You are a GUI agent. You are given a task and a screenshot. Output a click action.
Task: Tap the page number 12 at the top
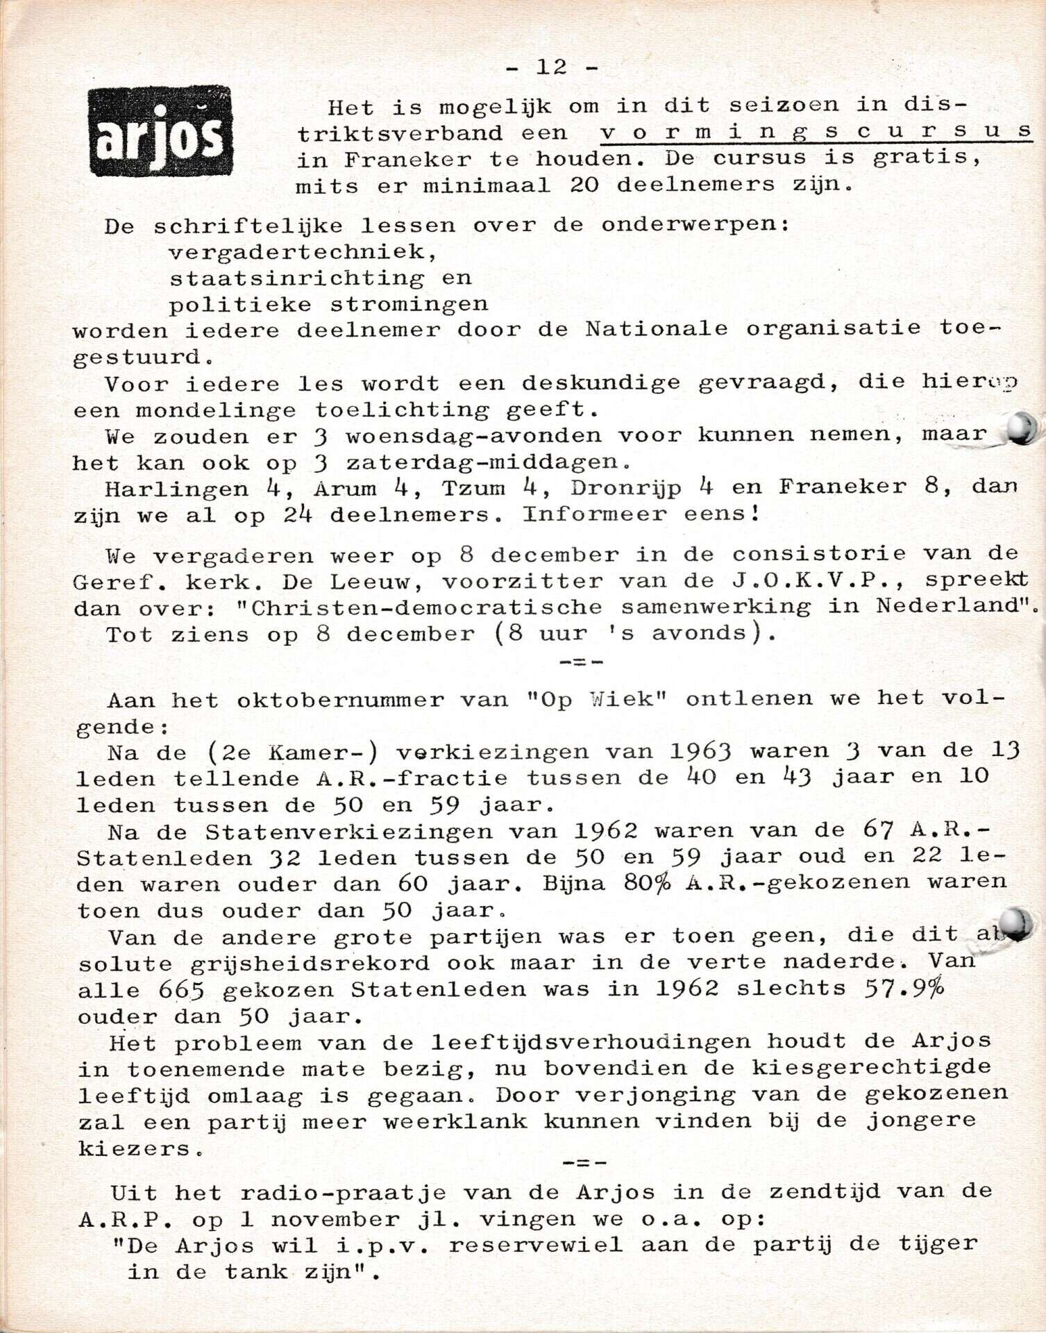coord(552,67)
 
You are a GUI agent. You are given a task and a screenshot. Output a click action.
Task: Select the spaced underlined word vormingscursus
coord(816,131)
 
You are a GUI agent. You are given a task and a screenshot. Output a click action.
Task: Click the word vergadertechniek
coord(303,251)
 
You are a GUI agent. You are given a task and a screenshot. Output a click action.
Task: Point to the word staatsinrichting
coord(296,278)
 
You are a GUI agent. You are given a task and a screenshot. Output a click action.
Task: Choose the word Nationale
coord(656,328)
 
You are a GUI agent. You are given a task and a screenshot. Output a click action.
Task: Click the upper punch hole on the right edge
coord(1021,428)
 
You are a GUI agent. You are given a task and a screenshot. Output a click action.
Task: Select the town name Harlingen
coord(176,489)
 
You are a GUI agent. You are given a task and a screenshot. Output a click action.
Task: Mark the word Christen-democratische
coord(426,607)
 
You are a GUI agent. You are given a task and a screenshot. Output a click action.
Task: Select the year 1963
coord(701,751)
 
